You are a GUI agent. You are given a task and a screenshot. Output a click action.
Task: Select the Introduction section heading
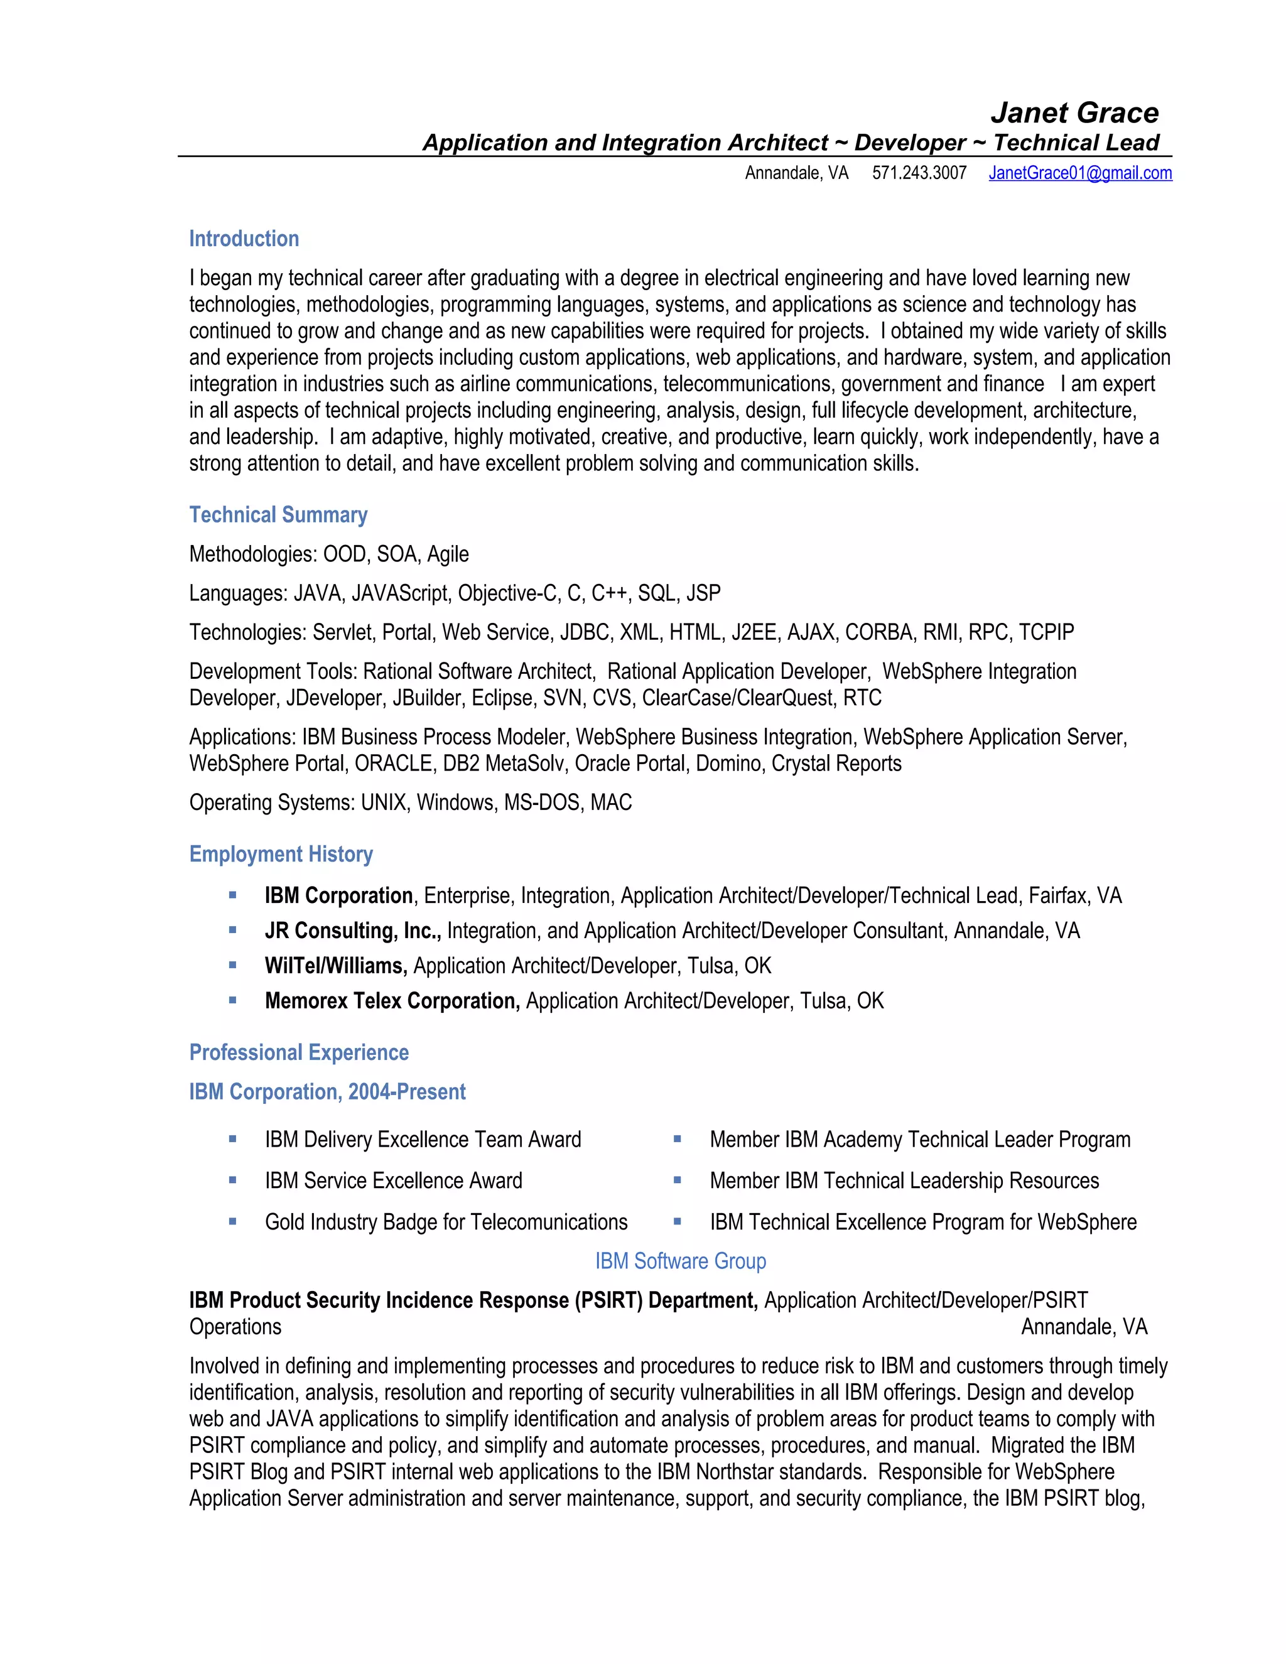click(x=244, y=239)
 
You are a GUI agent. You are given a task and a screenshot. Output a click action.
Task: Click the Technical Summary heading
click(x=278, y=515)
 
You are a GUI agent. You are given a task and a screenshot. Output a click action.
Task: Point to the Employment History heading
click(x=280, y=854)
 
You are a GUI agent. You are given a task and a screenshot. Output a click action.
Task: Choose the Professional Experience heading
click(x=299, y=1052)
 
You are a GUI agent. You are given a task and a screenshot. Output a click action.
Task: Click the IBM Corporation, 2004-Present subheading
click(x=327, y=1092)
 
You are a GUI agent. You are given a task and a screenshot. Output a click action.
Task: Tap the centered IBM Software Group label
click(x=680, y=1261)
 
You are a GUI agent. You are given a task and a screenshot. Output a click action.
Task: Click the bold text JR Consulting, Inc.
click(x=353, y=931)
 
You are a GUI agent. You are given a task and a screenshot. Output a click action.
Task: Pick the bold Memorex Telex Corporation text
click(x=392, y=1000)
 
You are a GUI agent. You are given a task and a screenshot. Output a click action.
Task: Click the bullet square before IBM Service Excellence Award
click(x=232, y=1180)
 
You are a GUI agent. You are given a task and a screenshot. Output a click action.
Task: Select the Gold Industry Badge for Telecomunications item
click(x=446, y=1222)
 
